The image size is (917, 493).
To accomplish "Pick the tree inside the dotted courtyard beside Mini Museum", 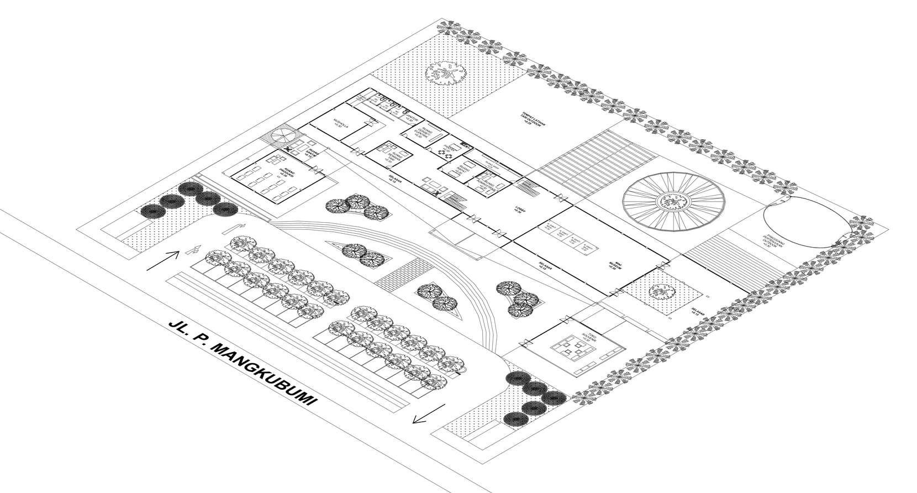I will point(661,291).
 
